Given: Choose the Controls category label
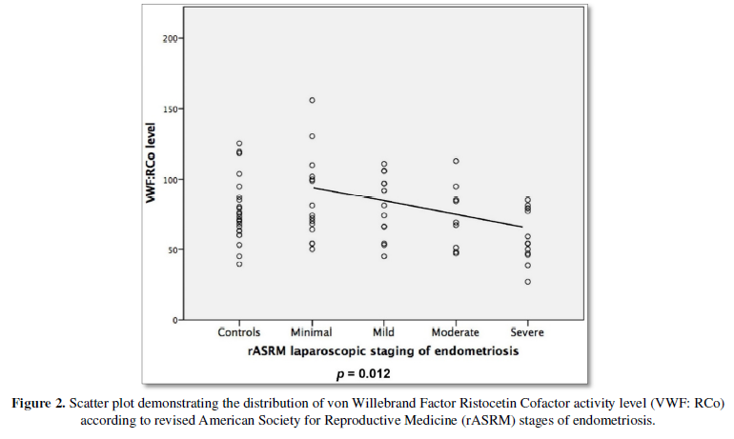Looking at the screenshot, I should (x=239, y=332).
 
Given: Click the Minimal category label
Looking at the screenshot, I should (x=312, y=332).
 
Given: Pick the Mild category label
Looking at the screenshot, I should (x=384, y=332).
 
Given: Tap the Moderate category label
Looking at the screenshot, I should (x=456, y=332).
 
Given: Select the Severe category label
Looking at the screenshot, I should (x=527, y=332).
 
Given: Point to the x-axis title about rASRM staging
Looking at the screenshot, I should (x=383, y=350).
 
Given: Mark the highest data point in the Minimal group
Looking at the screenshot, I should (x=312, y=100).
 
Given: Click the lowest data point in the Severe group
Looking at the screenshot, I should (x=527, y=282).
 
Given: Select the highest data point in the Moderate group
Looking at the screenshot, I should (x=456, y=161).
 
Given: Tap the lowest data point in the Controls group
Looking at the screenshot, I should (x=239, y=264).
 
